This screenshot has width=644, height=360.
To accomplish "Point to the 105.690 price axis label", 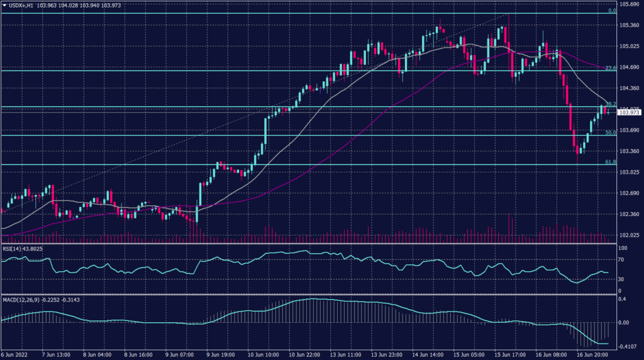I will point(629,4).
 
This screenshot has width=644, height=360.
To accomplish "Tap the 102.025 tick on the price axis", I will point(629,235).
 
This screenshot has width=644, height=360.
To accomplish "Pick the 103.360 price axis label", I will point(629,151).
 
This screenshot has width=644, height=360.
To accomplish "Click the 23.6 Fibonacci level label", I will point(609,68).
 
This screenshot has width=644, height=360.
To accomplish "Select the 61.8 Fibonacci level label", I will point(609,162).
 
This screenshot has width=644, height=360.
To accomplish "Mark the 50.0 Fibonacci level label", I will point(609,133).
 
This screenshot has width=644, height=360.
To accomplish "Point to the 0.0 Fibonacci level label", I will point(611,11).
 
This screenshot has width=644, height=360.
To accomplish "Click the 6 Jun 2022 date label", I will point(15,355).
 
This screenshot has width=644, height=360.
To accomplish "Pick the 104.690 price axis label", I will point(629,67).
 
